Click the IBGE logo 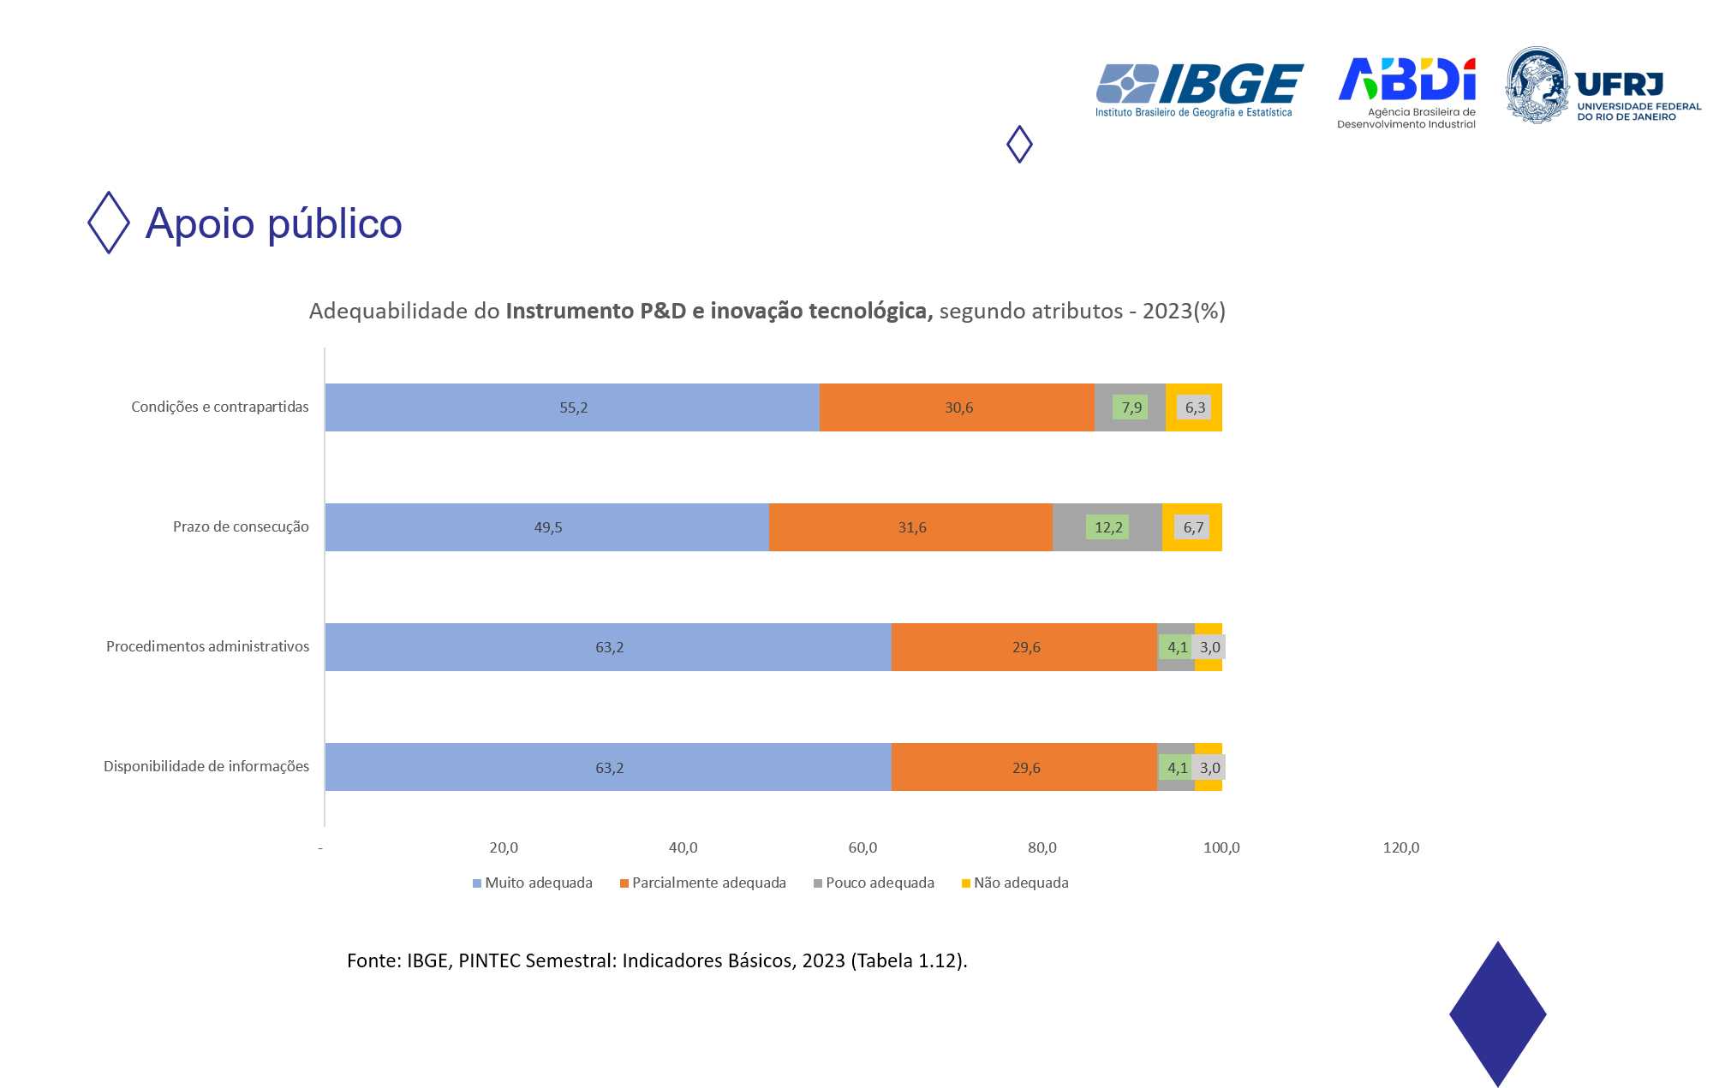[1198, 89]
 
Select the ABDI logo [1406, 92]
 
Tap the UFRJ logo [1603, 86]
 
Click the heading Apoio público [273, 223]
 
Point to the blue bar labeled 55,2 [572, 407]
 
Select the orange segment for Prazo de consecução [910, 527]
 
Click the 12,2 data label [1107, 527]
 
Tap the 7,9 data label [1131, 407]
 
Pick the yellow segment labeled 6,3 [1194, 407]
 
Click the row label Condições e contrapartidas [219, 407]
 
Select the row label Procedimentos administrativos [207, 646]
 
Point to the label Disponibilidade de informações [206, 766]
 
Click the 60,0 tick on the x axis [862, 847]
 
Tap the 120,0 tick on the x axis [1400, 847]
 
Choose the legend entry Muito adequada [532, 883]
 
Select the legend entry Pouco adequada [874, 883]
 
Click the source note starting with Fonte [657, 960]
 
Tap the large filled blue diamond [1497, 1014]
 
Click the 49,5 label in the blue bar [548, 527]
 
